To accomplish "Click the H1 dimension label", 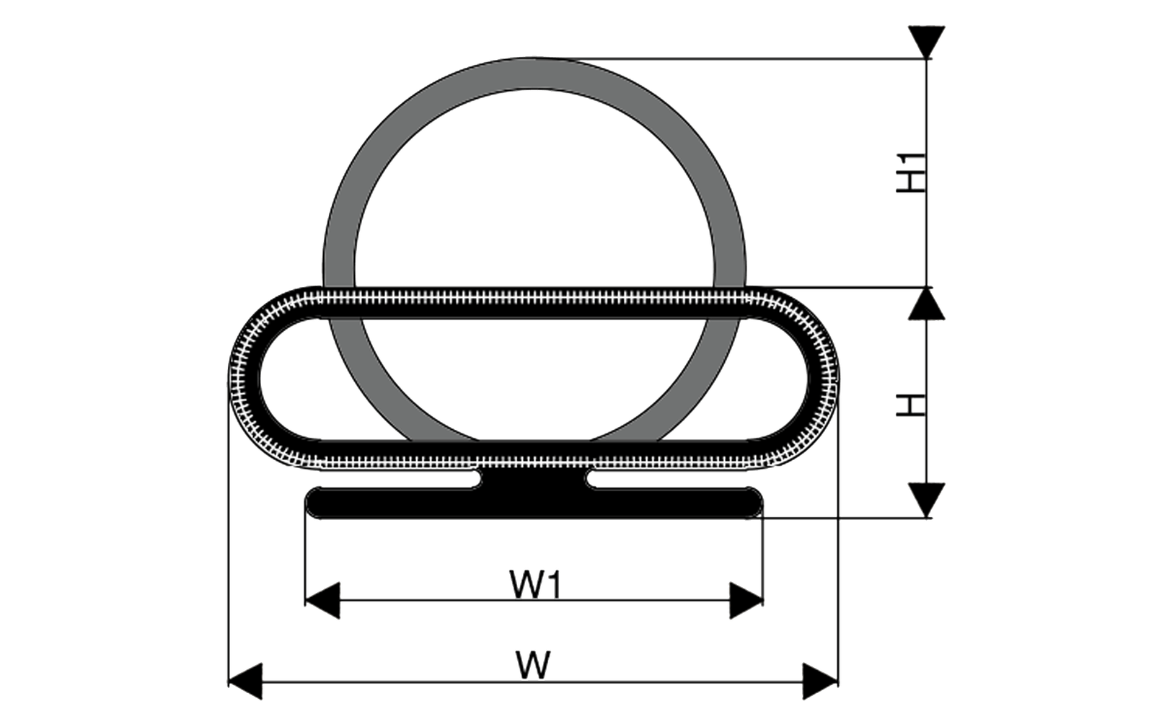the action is coord(912,173).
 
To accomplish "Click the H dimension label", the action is coord(912,405).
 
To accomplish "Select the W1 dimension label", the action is coord(535,585).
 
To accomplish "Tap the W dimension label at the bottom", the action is coord(533,666).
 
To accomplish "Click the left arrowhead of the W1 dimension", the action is coord(322,601).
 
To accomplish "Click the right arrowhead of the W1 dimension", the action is coord(746,601).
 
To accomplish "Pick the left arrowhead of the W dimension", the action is coord(245,682).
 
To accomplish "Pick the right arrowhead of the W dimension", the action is coord(821,682).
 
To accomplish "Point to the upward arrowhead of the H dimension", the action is coord(927,304).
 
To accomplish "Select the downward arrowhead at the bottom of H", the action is coord(927,501).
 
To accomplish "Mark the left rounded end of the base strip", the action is coord(314,503).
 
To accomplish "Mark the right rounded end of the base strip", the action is coord(754,503).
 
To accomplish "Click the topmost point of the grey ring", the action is coord(534,58).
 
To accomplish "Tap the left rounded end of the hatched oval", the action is coord(244,378).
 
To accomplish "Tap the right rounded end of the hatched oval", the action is coord(823,378).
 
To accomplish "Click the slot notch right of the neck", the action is coord(593,479).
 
